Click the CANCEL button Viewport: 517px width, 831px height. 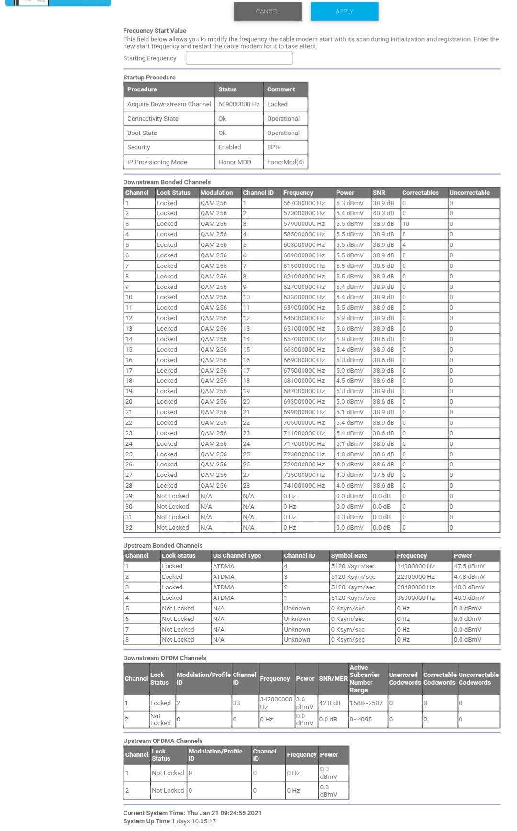268,11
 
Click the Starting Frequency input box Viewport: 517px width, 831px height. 239,58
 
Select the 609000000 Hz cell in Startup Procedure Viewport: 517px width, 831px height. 239,104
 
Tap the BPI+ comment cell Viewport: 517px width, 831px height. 274,147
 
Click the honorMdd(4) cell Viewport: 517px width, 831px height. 285,162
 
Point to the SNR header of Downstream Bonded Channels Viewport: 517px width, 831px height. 379,193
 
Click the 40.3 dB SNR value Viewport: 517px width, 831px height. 383,213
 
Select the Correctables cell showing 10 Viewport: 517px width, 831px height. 406,224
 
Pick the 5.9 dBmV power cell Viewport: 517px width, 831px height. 350,318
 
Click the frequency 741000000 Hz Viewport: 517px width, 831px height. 304,486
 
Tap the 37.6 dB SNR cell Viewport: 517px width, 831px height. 383,475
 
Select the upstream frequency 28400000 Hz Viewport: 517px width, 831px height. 416,587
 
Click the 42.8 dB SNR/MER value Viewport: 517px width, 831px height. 330,703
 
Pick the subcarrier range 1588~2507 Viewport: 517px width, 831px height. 366,703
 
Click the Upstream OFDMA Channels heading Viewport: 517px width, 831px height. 163,741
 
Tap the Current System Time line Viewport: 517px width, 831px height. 192,813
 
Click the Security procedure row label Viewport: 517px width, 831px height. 139,147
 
